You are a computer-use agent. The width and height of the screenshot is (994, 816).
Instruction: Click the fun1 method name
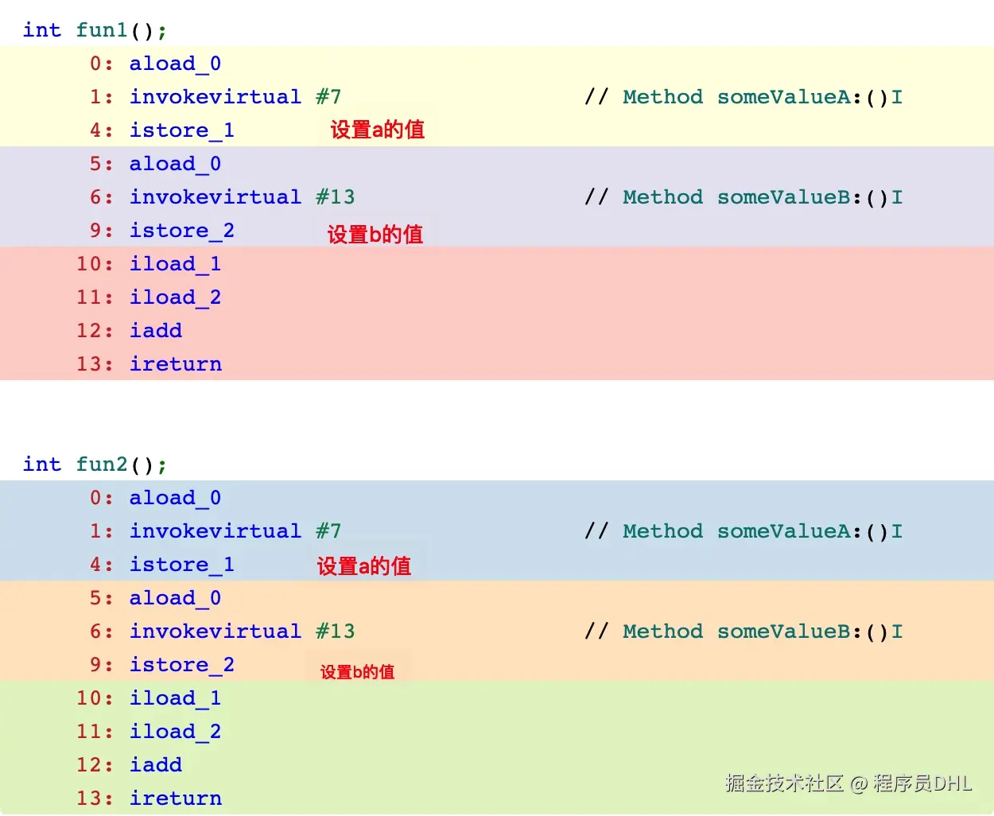click(x=102, y=30)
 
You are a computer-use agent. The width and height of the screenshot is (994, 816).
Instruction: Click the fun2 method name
click(x=102, y=464)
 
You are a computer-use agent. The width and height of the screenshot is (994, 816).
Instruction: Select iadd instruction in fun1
click(x=156, y=331)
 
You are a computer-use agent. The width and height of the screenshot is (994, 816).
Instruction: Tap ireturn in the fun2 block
click(x=176, y=799)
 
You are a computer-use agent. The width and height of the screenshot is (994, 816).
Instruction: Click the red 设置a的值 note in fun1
click(x=378, y=130)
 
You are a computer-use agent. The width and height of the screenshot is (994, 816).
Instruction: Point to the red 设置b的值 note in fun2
click(x=357, y=672)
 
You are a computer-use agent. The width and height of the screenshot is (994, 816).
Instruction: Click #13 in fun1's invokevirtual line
click(x=336, y=197)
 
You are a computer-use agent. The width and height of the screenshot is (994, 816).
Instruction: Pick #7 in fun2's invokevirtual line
click(x=328, y=531)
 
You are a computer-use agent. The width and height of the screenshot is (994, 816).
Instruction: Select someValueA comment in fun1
click(x=783, y=97)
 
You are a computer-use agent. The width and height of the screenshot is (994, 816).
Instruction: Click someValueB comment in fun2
click(x=783, y=631)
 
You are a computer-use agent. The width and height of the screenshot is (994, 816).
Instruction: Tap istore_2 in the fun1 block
click(x=182, y=231)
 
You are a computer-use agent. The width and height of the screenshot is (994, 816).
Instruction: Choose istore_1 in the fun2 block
click(x=182, y=565)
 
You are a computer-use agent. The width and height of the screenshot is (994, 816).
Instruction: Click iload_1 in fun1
click(x=176, y=264)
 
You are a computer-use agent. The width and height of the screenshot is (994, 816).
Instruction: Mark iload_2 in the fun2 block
click(x=176, y=732)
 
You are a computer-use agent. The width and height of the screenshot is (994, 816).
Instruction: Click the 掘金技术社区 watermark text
click(x=784, y=783)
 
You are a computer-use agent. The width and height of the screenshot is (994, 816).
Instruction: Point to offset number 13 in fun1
click(x=89, y=364)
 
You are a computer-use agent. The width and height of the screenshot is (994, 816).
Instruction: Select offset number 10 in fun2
click(x=89, y=698)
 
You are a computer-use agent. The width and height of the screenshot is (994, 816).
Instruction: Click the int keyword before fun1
click(x=42, y=30)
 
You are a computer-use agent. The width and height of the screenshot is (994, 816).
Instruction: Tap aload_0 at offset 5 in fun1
click(x=176, y=164)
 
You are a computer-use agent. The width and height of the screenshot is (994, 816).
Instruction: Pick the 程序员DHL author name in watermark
click(x=922, y=783)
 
